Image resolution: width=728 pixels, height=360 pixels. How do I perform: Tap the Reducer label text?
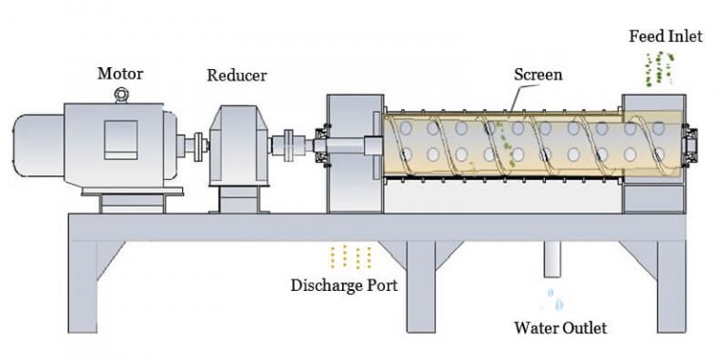coord(236,75)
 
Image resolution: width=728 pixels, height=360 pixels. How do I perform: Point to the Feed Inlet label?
coord(665,37)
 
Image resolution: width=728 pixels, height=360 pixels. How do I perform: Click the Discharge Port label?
coord(344,284)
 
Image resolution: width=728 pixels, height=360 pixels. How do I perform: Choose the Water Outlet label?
coord(559,329)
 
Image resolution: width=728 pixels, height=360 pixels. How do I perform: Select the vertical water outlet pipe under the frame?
coord(555,258)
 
